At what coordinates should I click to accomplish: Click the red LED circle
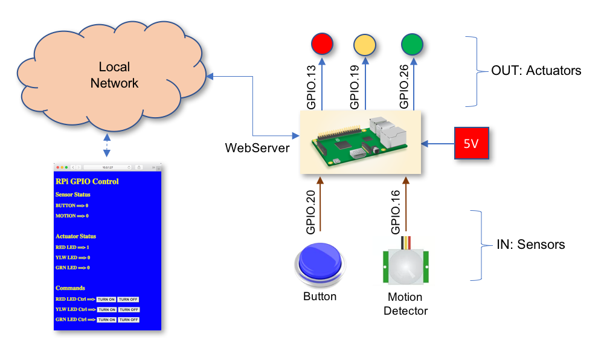click(322, 43)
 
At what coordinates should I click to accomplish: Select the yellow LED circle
click(364, 45)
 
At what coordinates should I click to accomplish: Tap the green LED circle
click(412, 44)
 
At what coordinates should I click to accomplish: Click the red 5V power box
click(471, 144)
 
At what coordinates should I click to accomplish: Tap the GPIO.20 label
click(310, 210)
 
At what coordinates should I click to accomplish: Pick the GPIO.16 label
click(396, 210)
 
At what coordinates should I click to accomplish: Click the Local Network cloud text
click(114, 75)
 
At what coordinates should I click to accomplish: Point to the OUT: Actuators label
click(536, 71)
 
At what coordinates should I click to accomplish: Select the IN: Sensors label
click(530, 245)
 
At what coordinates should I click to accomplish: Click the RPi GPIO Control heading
click(87, 181)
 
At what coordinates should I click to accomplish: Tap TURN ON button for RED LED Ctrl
click(106, 299)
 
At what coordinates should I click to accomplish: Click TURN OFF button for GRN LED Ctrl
click(128, 320)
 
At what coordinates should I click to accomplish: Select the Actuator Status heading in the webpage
click(75, 236)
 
